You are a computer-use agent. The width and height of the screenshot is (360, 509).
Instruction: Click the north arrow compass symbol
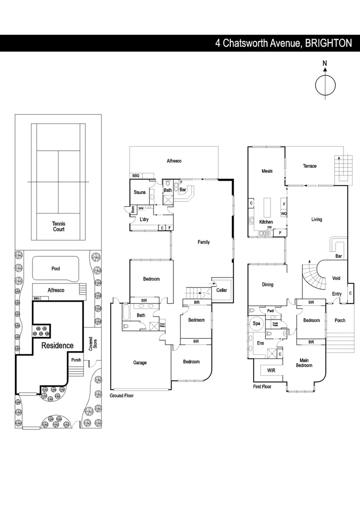coord(325,85)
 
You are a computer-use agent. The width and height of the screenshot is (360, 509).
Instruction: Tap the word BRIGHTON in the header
coord(328,43)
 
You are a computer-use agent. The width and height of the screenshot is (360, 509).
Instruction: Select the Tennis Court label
coord(58,226)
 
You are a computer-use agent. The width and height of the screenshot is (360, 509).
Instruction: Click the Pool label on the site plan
coord(56,268)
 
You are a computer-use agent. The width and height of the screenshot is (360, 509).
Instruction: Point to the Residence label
coord(57,345)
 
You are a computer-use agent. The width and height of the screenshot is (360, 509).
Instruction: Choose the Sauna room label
coord(139,192)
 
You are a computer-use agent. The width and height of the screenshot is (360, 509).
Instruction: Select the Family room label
coord(204,242)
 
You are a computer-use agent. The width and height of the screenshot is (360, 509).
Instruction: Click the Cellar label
coord(221,290)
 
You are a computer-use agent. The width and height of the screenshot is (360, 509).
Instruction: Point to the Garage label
coord(139,362)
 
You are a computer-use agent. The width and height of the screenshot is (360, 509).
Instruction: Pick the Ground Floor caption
coord(122,396)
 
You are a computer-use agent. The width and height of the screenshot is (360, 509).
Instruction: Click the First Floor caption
coord(262,386)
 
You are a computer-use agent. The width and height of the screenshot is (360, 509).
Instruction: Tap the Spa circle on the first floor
coord(257,324)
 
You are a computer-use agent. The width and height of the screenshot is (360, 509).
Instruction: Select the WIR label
coord(271,370)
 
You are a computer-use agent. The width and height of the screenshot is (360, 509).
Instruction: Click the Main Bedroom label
coord(304,363)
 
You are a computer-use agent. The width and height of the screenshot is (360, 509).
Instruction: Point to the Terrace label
coord(310,166)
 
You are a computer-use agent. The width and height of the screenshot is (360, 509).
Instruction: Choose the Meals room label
coord(267,171)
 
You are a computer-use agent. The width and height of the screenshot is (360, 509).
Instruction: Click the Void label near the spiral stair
coord(336,278)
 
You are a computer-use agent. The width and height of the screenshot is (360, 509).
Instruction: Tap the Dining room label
coord(267,285)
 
